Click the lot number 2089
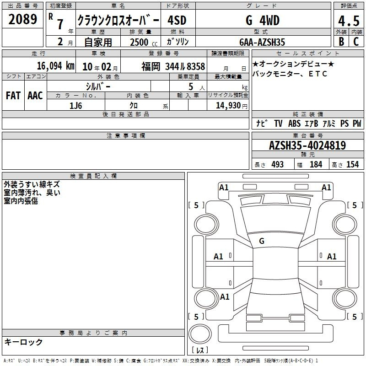pos(22,19)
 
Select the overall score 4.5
pos(349,21)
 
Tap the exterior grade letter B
pos(341,42)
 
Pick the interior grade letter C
pos(356,42)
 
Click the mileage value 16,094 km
pos(55,66)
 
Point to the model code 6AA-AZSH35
pos(262,42)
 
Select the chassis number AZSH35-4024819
pos(307,145)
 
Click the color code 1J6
pos(75,106)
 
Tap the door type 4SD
pos(177,21)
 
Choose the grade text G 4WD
pos(263,21)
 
